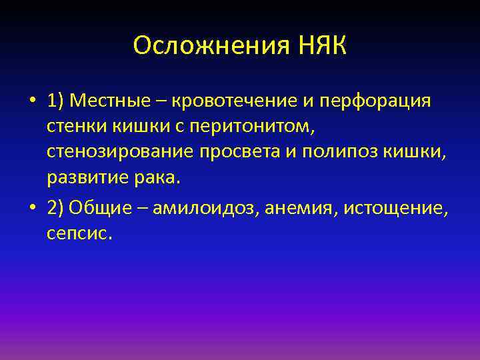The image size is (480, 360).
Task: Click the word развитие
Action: click(84, 178)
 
